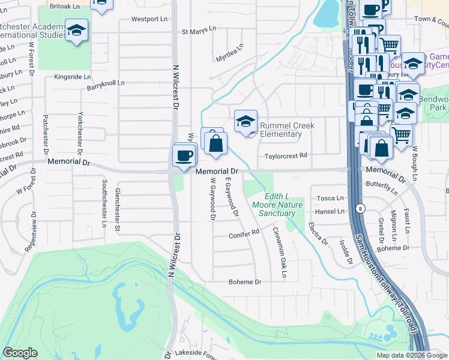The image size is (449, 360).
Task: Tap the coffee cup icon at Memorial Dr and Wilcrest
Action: click(x=184, y=156)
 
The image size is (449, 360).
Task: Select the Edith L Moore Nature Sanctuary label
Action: click(x=282, y=205)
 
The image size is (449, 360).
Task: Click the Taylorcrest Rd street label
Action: click(x=286, y=155)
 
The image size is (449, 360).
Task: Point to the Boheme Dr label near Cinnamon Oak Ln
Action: click(x=246, y=281)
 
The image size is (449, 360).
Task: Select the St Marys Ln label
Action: click(x=198, y=30)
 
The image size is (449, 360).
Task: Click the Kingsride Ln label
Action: click(x=72, y=77)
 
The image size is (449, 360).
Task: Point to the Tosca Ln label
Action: click(x=330, y=198)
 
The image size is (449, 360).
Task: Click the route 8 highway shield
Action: click(x=359, y=208)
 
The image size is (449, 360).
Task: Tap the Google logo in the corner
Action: click(x=20, y=353)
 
